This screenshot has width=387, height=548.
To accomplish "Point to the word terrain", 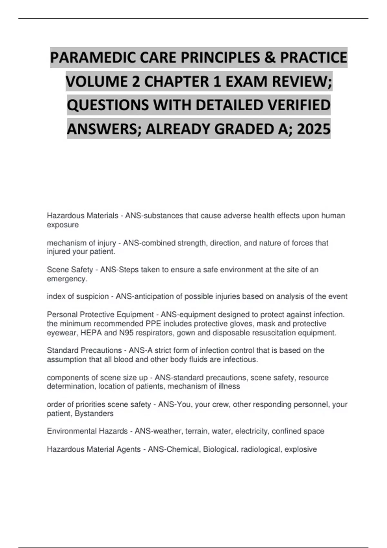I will [x=196, y=431].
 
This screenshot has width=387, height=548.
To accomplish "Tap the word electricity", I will [x=252, y=431].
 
